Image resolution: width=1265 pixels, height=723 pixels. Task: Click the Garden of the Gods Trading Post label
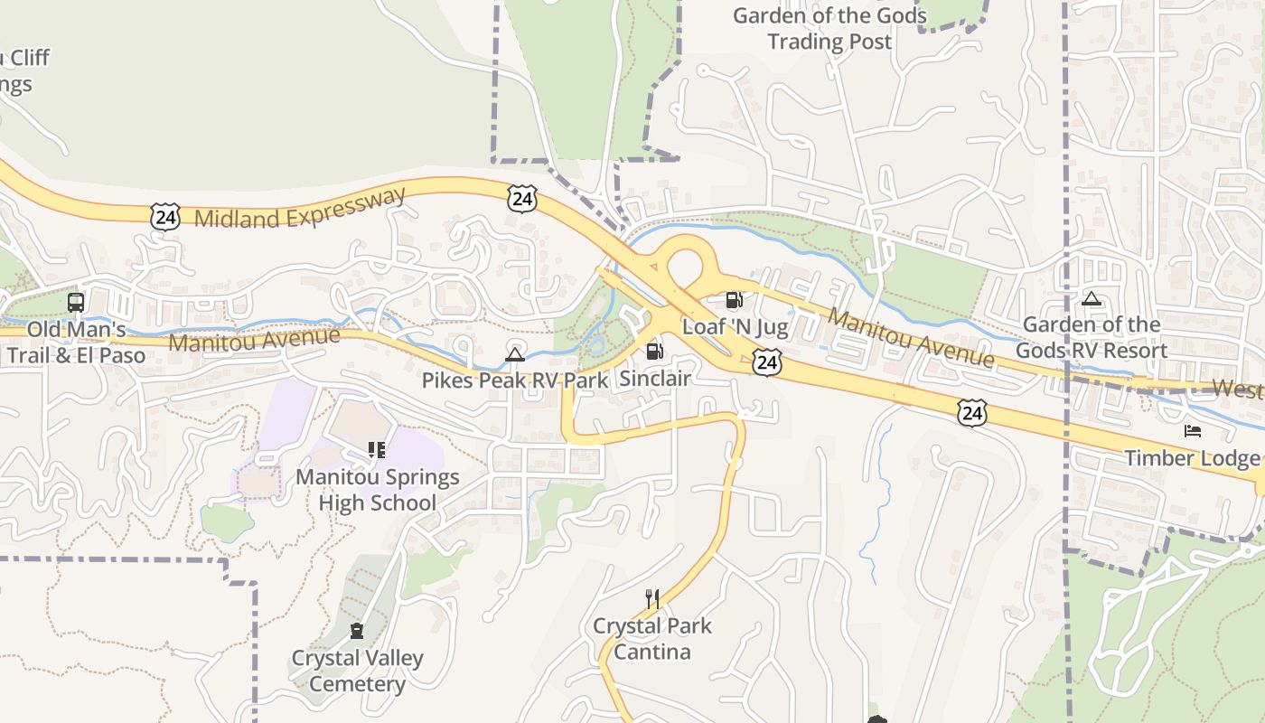(x=829, y=29)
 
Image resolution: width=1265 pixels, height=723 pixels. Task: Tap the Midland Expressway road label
(x=301, y=209)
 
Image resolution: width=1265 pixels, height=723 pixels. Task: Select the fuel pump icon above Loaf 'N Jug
(x=735, y=300)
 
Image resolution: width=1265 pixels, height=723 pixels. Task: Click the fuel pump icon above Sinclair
(x=654, y=352)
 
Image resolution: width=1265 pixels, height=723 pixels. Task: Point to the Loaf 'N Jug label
(x=735, y=326)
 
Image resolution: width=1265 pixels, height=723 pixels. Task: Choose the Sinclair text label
(x=655, y=378)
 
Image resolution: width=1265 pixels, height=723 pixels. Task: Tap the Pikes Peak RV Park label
(x=515, y=380)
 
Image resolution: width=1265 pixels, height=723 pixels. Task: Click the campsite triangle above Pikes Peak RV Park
(x=515, y=354)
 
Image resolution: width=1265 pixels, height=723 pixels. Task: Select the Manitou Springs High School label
(x=378, y=490)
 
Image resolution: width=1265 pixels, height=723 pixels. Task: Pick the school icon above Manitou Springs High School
(x=377, y=450)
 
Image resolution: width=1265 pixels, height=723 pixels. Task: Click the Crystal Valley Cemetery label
(x=357, y=671)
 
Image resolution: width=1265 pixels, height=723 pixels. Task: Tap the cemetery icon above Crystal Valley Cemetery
(x=357, y=631)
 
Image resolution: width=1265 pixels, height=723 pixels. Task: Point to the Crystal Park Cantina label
(x=652, y=639)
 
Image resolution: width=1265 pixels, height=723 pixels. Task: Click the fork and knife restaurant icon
(x=652, y=598)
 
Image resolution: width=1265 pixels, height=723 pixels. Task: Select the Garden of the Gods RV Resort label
(x=1092, y=337)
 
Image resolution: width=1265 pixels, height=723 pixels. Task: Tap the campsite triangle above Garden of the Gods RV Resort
(x=1092, y=299)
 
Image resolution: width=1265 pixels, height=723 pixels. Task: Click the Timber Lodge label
(x=1192, y=458)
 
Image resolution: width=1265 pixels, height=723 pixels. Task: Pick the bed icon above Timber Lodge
(x=1193, y=431)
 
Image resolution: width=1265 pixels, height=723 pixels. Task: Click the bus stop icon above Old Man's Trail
(x=76, y=303)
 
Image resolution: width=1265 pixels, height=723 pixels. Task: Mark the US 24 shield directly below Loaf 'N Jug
(x=766, y=363)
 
